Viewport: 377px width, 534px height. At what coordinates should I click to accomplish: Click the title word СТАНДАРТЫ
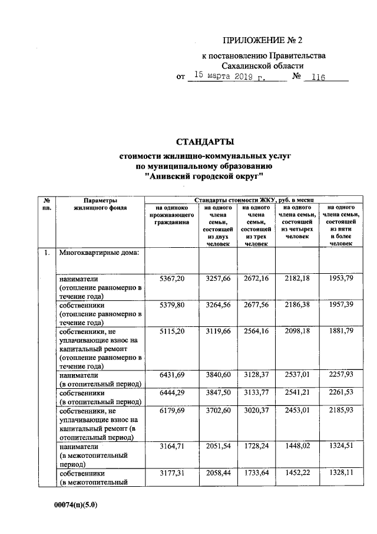[x=206, y=142]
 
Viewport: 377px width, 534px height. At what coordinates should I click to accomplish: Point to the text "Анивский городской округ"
[x=206, y=176]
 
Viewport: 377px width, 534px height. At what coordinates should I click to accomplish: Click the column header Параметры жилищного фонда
[x=100, y=204]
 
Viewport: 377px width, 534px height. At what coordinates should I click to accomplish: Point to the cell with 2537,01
[x=296, y=374]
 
